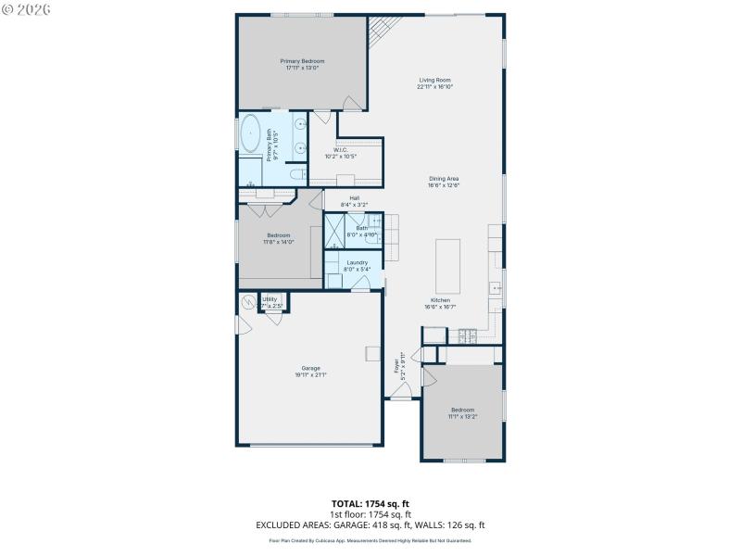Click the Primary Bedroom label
(x=303, y=61)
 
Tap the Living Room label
(x=433, y=81)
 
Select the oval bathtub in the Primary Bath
(x=251, y=135)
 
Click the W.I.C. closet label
(x=340, y=150)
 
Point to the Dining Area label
(x=444, y=179)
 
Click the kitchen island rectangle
(x=447, y=265)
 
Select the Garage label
(x=310, y=368)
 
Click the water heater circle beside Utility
(x=248, y=302)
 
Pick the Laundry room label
(x=357, y=263)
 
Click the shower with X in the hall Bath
(x=333, y=231)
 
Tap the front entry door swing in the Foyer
(x=400, y=393)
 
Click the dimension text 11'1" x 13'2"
(x=462, y=416)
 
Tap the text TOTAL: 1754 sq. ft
(x=370, y=504)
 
